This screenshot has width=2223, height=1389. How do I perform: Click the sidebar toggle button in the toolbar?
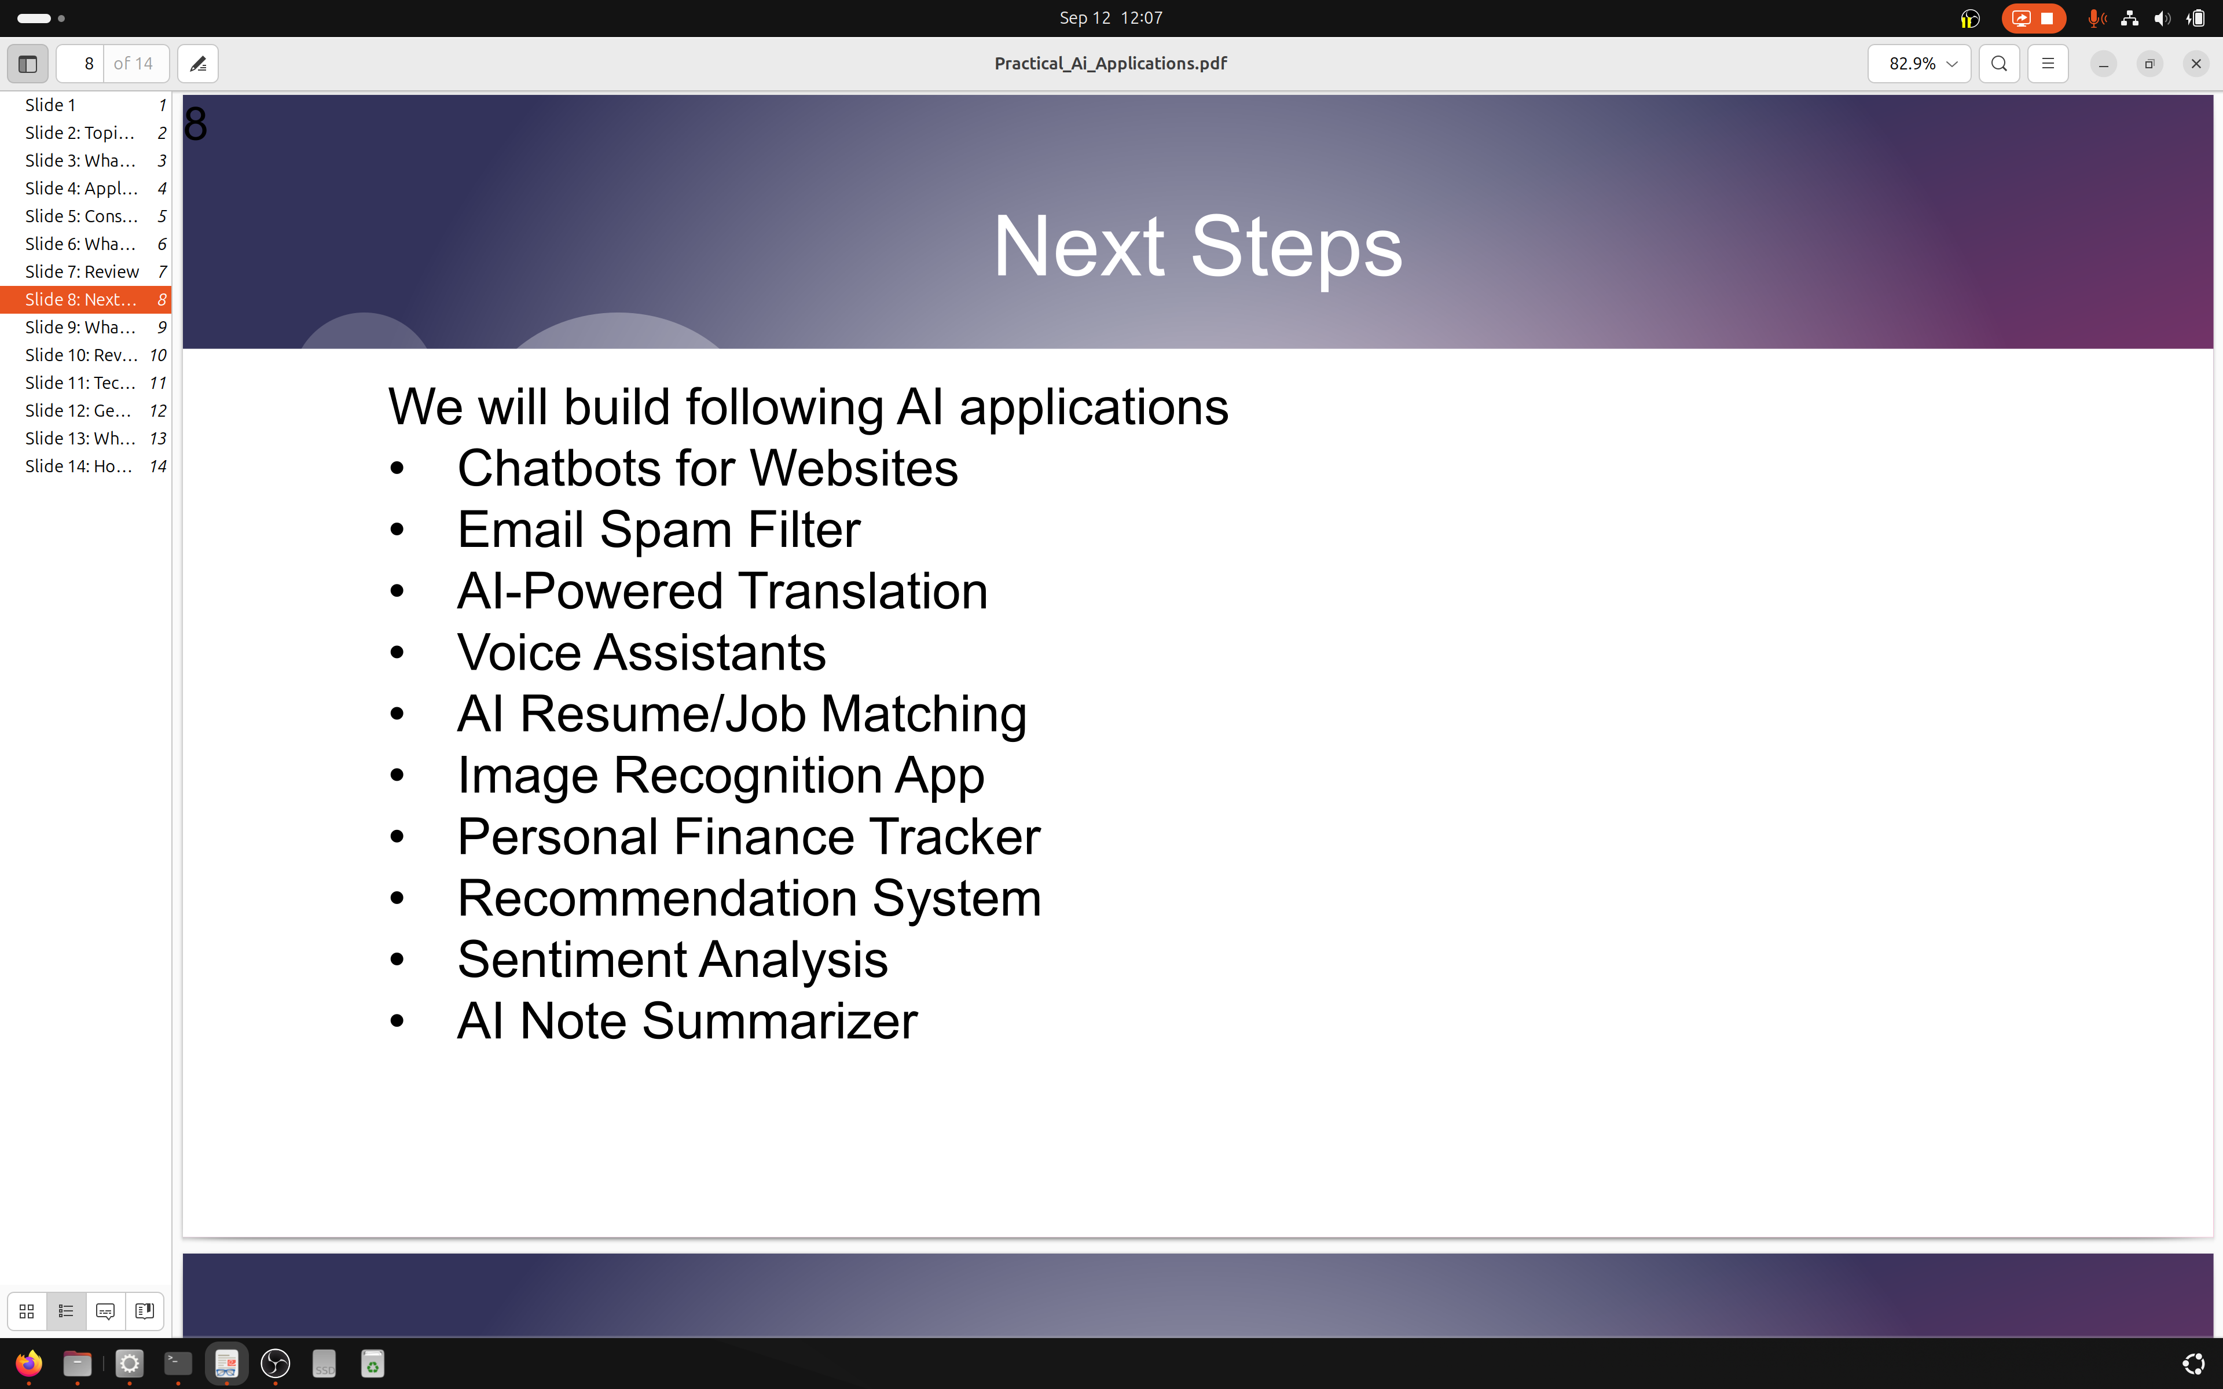[28, 64]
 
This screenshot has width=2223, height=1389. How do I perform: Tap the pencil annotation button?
[197, 64]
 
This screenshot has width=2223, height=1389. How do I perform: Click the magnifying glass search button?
[1999, 64]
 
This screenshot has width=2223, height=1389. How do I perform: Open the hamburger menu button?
[2048, 64]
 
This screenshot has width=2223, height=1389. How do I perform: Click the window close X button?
[2195, 64]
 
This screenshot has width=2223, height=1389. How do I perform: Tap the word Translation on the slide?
[864, 591]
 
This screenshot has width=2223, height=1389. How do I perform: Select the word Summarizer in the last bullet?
[780, 1020]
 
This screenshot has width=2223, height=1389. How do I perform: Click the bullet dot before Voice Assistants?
[397, 652]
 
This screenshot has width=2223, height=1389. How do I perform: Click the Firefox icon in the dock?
[28, 1364]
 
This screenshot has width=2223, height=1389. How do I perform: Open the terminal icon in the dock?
[177, 1364]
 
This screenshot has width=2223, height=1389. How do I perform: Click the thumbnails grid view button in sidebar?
[27, 1311]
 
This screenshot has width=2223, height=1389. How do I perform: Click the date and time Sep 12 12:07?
[1110, 17]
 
